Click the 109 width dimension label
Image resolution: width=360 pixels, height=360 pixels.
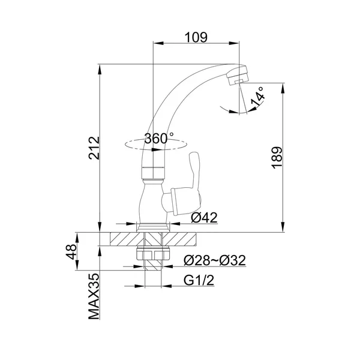click(x=196, y=37)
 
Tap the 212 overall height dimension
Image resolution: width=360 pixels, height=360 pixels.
click(x=94, y=148)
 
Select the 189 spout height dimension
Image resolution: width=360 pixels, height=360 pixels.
click(x=277, y=158)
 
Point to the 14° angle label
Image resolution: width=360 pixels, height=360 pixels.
click(x=257, y=97)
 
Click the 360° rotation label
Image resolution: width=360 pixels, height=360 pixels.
click(x=158, y=139)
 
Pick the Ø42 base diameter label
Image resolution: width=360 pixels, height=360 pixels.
click(x=204, y=217)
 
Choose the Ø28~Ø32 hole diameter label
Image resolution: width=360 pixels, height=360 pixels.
click(x=215, y=260)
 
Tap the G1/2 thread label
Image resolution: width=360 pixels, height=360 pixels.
click(x=199, y=280)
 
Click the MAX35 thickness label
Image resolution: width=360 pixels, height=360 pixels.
click(x=94, y=296)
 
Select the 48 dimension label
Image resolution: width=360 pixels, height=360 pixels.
click(x=71, y=251)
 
